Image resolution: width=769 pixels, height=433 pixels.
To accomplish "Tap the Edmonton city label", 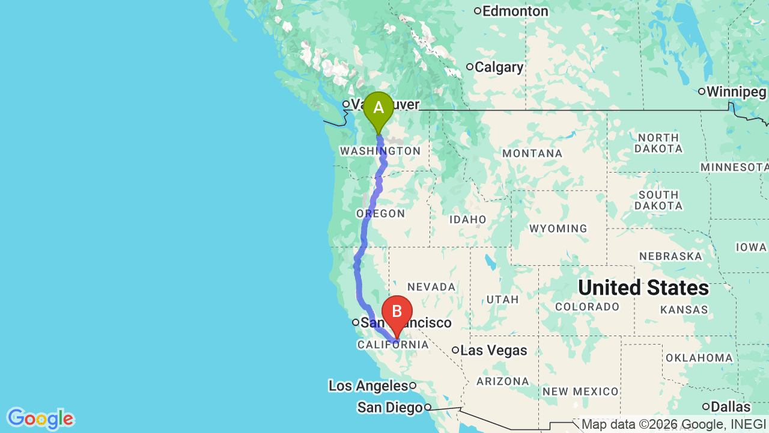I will pyautogui.click(x=515, y=11).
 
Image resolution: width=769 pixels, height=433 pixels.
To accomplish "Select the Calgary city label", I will pyautogui.click(x=499, y=67).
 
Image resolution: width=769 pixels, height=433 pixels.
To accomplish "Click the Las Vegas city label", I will pyautogui.click(x=493, y=350).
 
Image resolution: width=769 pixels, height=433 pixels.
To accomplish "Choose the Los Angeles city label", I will pyautogui.click(x=368, y=385).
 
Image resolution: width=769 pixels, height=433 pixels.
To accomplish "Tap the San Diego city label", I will pyautogui.click(x=390, y=407).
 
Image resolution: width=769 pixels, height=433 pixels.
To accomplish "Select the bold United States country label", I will pyautogui.click(x=643, y=287).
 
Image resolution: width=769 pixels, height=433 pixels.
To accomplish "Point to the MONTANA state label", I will pyautogui.click(x=532, y=153).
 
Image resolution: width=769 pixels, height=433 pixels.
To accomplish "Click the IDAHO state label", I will pyautogui.click(x=467, y=220).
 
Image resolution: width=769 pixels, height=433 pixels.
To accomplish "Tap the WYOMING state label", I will pyautogui.click(x=558, y=229).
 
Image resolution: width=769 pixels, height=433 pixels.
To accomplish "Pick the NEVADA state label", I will pyautogui.click(x=431, y=287).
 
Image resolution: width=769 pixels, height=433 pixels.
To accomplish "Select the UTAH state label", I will pyautogui.click(x=502, y=299).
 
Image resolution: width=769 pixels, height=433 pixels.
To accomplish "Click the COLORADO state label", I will pyautogui.click(x=587, y=307).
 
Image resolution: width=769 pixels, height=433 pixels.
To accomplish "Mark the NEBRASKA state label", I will pyautogui.click(x=670, y=256).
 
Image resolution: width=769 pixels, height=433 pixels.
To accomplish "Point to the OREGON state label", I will pyautogui.click(x=380, y=213).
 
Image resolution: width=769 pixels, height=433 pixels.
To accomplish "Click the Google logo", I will pyautogui.click(x=40, y=419).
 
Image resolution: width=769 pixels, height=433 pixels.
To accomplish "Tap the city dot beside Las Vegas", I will pyautogui.click(x=455, y=350).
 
